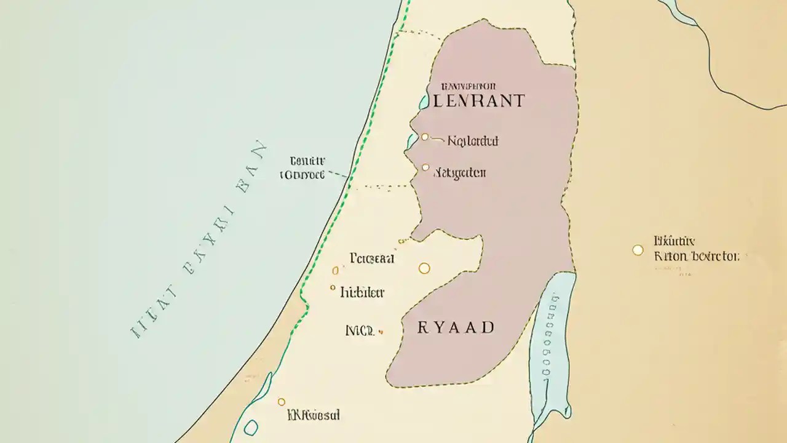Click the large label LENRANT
tap(479, 101)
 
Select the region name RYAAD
tap(456, 327)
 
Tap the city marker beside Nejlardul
tap(424, 137)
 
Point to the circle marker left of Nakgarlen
tap(425, 167)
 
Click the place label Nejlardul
tap(472, 142)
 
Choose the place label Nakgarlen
tap(460, 173)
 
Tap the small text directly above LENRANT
tap(469, 87)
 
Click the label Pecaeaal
tap(371, 258)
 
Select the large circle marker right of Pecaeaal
tap(424, 268)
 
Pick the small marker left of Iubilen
tap(333, 287)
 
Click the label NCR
tap(360, 330)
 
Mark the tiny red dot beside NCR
tap(382, 332)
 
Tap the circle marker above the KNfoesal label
tap(282, 402)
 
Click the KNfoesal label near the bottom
tap(314, 416)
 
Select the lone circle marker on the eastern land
tap(638, 250)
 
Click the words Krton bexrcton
tap(697, 256)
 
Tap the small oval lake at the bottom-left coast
tap(251, 428)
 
